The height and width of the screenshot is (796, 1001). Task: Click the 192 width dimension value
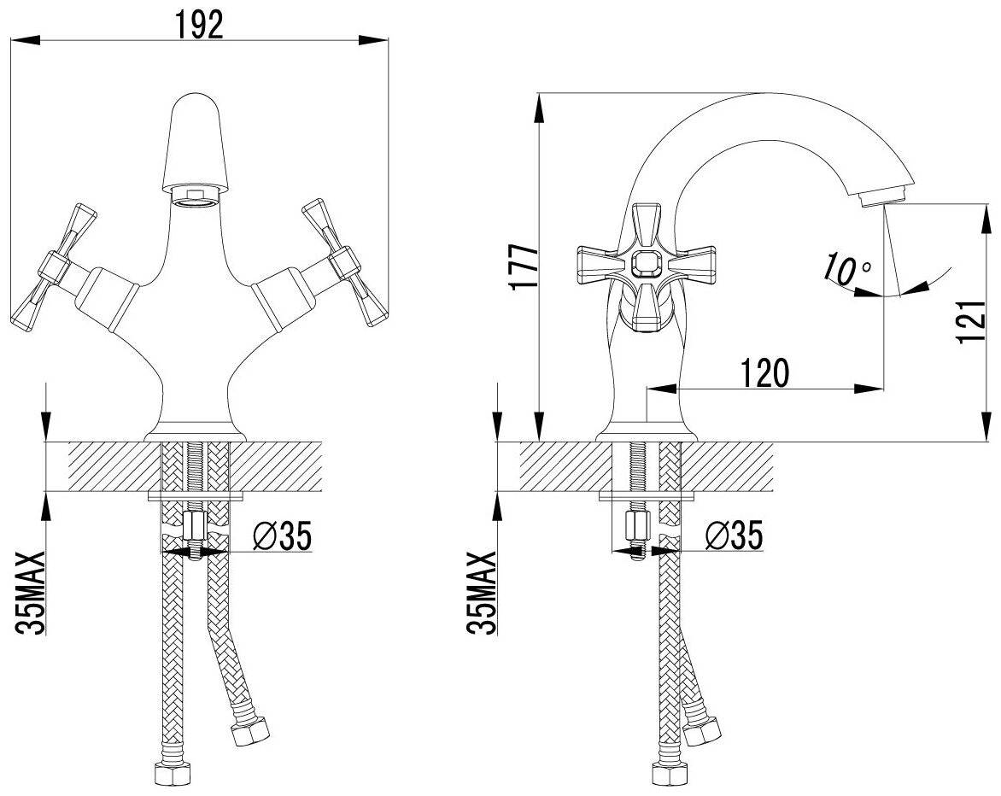click(x=199, y=25)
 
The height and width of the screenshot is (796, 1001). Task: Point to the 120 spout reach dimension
click(x=764, y=373)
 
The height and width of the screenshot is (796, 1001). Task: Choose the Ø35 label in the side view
click(x=734, y=536)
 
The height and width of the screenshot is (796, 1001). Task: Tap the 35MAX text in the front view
click(x=30, y=594)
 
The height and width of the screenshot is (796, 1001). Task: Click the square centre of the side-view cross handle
click(x=645, y=264)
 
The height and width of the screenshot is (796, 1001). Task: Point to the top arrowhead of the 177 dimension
click(x=539, y=107)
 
